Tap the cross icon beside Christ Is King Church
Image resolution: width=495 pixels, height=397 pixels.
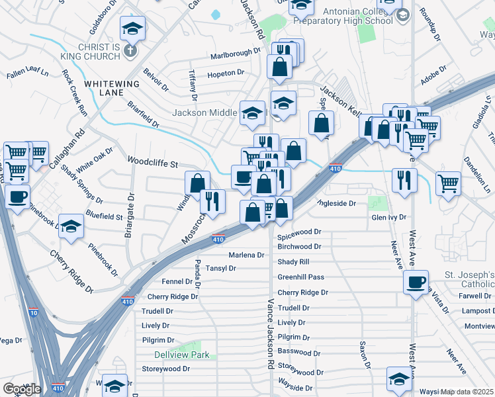[x=130, y=50]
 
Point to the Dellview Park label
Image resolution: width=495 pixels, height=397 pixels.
[x=182, y=355]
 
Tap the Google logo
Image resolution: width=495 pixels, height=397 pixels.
[x=22, y=389]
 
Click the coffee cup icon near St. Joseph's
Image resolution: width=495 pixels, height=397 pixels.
[x=416, y=282]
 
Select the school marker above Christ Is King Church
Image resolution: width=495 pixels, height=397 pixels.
[x=132, y=28]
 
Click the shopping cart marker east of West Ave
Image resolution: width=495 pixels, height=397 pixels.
[x=449, y=183]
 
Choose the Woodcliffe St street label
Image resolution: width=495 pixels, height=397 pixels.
[x=153, y=163]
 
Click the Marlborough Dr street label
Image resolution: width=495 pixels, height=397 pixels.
[x=236, y=53]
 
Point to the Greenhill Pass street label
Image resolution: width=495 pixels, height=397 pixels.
[x=301, y=277]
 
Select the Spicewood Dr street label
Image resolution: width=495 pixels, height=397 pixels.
[x=299, y=232]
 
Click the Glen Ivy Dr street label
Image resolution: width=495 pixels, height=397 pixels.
[x=388, y=217]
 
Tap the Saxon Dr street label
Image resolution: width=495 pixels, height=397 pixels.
[x=364, y=355]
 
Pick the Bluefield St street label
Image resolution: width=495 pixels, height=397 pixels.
[x=104, y=216]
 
